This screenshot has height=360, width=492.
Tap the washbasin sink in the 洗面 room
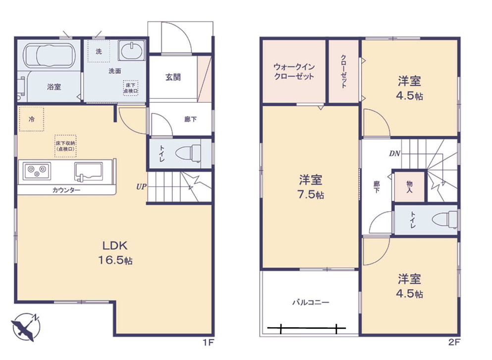(132, 52)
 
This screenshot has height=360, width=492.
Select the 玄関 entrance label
(173, 77)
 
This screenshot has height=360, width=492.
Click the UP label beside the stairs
(141, 187)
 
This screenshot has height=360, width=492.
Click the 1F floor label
(209, 342)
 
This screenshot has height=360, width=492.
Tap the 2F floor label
(454, 342)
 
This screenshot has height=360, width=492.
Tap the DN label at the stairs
(394, 153)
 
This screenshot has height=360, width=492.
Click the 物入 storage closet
(409, 186)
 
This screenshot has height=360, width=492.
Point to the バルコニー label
(310, 301)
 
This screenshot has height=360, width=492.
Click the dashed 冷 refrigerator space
(32, 119)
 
